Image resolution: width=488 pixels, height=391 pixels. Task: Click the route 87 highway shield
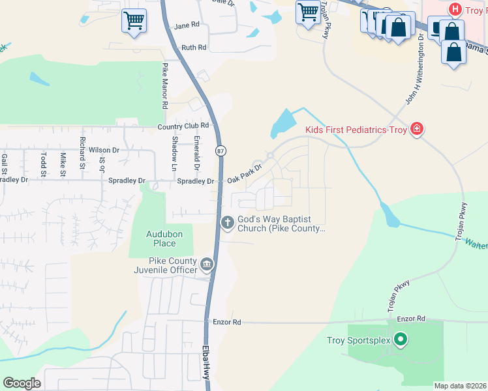tap(222, 151)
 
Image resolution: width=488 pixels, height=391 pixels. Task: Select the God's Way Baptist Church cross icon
tap(228, 223)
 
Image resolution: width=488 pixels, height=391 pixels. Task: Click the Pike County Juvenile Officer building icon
tap(207, 265)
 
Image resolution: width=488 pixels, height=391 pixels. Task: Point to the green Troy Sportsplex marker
tap(401, 340)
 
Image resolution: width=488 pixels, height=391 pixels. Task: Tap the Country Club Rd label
tap(182, 125)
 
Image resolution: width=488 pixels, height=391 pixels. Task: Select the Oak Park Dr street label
tap(244, 173)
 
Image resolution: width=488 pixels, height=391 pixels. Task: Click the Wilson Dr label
tap(104, 150)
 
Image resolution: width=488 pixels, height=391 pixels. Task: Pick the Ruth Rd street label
tap(194, 48)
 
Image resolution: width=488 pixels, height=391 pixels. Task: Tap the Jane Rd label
tap(187, 26)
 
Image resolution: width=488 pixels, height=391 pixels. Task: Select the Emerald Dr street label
tap(196, 149)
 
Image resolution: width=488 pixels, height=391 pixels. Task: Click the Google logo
tap(22, 383)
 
